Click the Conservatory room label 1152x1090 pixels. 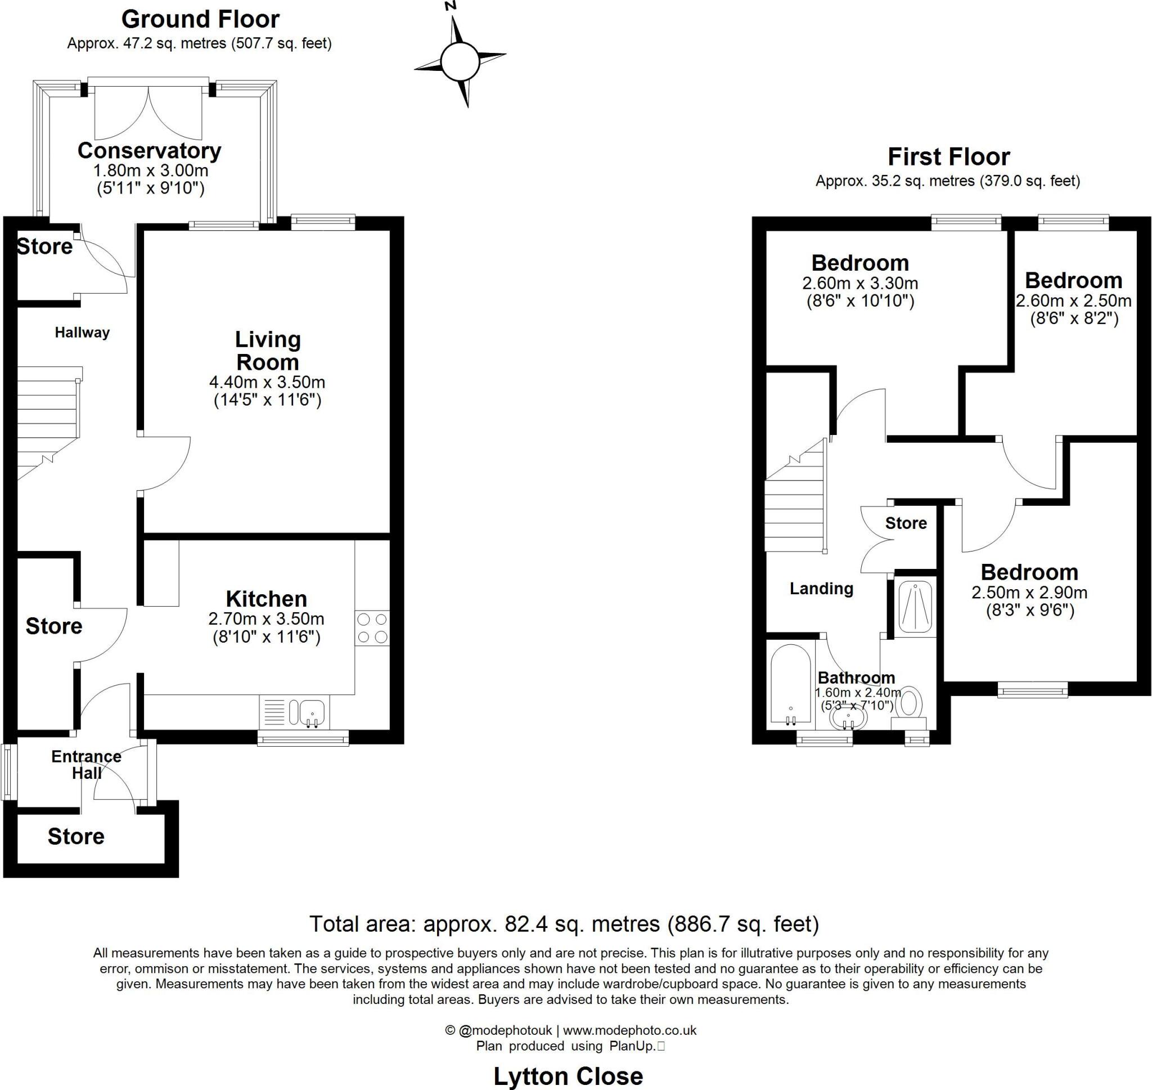coord(149,151)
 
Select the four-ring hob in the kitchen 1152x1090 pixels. coord(372,628)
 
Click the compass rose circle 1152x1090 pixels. coord(460,61)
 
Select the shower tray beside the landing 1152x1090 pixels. coord(915,605)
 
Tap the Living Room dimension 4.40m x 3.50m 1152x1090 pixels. coord(267,382)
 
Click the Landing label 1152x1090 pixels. coord(821,589)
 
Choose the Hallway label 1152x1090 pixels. coord(82,333)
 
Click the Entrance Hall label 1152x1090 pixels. coord(87,765)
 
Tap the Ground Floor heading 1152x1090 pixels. coord(200,19)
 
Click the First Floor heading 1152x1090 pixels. coord(949,157)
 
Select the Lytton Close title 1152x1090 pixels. coord(568,1076)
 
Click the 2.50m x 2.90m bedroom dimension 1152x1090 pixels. coord(1029,593)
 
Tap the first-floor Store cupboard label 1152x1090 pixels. coord(906,523)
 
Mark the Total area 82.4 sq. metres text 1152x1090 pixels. coord(564,924)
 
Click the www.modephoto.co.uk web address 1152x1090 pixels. coord(629,1030)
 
